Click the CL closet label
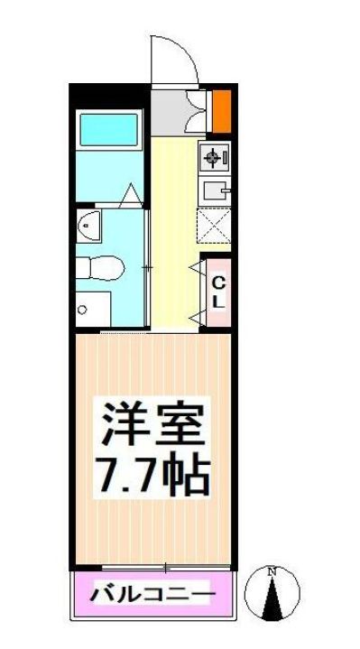(x=217, y=292)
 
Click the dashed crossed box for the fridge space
(x=215, y=226)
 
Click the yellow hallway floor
(x=171, y=253)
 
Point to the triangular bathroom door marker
(x=132, y=192)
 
